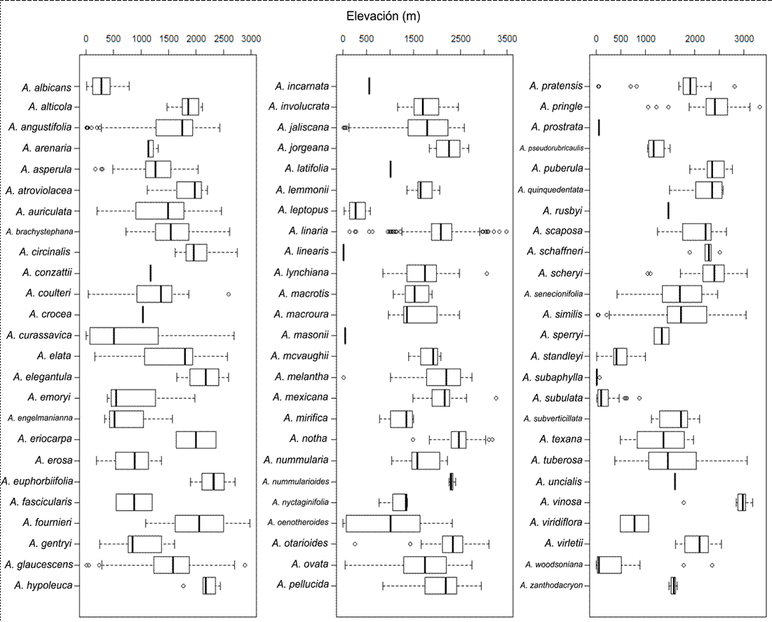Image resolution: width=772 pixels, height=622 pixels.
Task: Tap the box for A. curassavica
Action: click(x=124, y=336)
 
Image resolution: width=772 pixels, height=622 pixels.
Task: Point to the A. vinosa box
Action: click(x=741, y=502)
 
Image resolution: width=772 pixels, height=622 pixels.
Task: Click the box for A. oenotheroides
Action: click(x=383, y=523)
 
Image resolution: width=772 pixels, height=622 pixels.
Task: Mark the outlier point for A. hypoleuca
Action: click(x=184, y=586)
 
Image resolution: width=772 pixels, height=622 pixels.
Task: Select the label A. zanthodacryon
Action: click(x=551, y=585)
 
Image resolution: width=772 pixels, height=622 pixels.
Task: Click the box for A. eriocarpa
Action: click(x=196, y=440)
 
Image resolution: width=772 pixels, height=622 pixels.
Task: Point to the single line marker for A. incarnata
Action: click(x=370, y=87)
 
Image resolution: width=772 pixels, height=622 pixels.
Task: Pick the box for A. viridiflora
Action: click(x=634, y=523)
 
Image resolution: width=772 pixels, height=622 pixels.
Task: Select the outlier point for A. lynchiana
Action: click(x=487, y=273)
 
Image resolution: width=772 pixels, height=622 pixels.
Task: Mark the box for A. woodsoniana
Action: click(x=609, y=564)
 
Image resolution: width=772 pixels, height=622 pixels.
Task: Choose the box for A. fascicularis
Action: click(x=134, y=502)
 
